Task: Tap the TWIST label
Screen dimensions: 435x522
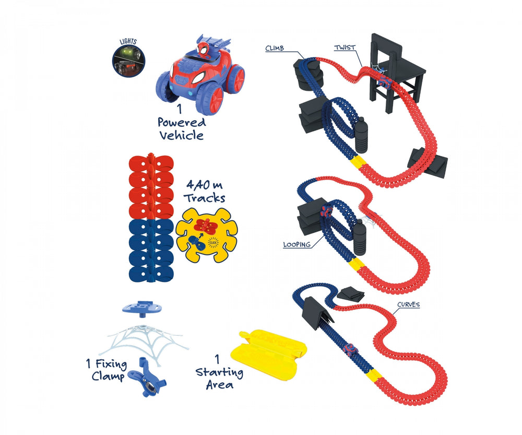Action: (x=345, y=47)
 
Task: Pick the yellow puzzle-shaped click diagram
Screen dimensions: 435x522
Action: (x=206, y=235)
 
